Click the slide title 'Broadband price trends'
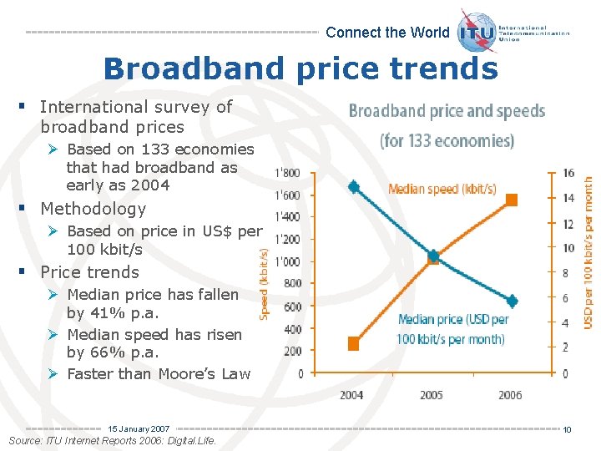pyautogui.click(x=300, y=68)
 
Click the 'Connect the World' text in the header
pyautogui.click(x=386, y=33)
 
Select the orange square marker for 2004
pyautogui.click(x=354, y=343)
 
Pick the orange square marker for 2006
pyautogui.click(x=512, y=200)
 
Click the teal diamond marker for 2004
pyautogui.click(x=354, y=187)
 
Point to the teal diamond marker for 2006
pyautogui.click(x=512, y=301)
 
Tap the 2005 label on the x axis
pyautogui.click(x=432, y=394)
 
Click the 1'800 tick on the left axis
pyautogui.click(x=288, y=174)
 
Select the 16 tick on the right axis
pyautogui.click(x=568, y=174)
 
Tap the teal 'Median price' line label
pyautogui.click(x=452, y=329)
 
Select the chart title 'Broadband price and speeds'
pyautogui.click(x=447, y=111)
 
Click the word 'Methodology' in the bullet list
pyautogui.click(x=93, y=209)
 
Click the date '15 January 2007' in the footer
pyautogui.click(x=139, y=428)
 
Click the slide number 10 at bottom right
pyautogui.click(x=566, y=430)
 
